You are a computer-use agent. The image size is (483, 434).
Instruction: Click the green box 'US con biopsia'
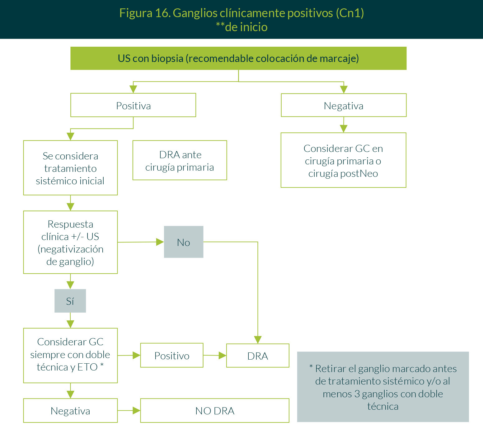coord(238,58)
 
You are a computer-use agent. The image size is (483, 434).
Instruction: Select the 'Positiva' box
coord(133,105)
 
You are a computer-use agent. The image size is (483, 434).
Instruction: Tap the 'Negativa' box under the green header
coord(344,105)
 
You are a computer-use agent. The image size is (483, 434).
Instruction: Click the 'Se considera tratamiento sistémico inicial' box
coord(70,168)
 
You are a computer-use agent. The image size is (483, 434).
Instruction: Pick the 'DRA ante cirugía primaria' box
coord(180,160)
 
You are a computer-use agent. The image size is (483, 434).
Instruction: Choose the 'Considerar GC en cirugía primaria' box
coord(343,160)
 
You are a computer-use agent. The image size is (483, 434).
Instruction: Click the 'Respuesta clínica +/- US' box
coord(70,242)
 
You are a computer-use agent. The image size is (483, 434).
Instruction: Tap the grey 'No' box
coord(184,242)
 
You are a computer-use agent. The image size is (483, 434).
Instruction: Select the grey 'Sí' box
coord(70,301)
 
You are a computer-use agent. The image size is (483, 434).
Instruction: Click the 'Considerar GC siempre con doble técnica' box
coord(70,355)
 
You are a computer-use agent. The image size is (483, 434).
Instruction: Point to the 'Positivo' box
coord(172,355)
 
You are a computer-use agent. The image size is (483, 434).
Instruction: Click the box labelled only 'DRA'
coord(258,356)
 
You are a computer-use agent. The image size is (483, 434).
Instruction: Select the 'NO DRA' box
coord(215,410)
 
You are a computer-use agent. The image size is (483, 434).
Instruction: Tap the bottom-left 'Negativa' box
coord(70,410)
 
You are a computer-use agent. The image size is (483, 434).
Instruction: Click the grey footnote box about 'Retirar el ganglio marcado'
coord(383,387)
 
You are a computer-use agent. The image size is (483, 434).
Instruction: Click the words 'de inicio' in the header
coord(246,27)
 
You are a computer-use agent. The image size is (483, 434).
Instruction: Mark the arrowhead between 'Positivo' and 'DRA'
coord(222,356)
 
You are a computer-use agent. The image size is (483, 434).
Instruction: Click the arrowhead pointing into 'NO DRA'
coord(136,411)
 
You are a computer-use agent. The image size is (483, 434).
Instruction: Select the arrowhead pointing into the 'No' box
coord(160,242)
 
